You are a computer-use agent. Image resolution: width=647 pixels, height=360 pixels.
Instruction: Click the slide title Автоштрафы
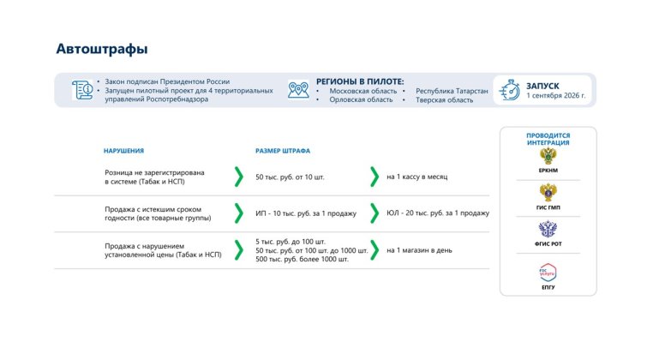coord(102,49)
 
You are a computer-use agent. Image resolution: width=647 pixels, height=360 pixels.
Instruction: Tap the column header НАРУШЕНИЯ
coord(123,151)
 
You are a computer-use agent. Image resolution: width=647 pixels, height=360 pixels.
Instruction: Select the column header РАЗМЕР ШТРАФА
coord(283,151)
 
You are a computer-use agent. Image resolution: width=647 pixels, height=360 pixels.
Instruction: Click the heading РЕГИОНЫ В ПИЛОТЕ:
coord(360,81)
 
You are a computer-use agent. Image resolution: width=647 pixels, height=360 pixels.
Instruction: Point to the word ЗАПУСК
coord(542,86)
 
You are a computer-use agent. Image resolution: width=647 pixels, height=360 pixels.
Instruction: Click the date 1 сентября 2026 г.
coord(556,95)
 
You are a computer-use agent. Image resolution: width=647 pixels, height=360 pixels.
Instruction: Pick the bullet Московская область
coord(362,91)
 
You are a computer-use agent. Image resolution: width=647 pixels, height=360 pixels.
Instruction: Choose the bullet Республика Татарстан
coord(452,91)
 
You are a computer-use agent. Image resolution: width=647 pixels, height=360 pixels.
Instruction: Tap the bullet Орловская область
coord(361,100)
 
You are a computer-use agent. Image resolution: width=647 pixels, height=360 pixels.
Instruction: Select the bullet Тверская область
coord(445,100)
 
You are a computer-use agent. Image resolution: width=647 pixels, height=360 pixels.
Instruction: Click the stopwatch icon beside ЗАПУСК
coord(510,90)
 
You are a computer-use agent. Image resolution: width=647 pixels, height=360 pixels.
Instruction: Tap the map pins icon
coord(298,90)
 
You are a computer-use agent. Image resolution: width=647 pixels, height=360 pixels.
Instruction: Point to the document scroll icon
coord(82,90)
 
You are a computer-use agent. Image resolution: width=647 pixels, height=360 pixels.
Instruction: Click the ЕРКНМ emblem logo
coord(548,157)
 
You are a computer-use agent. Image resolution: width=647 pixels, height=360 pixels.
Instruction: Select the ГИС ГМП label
coord(548,207)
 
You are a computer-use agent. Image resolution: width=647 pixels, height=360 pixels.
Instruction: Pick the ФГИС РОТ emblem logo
coord(548,229)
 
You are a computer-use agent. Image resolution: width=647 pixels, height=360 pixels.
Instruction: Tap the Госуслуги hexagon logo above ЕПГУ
coord(548,273)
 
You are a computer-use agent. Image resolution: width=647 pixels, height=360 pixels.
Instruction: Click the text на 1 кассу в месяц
coord(416,177)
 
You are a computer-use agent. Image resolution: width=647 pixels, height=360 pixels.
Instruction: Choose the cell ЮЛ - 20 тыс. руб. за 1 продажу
coord(438,213)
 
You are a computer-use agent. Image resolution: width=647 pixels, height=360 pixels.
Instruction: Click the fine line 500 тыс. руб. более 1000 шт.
coord(302,259)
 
